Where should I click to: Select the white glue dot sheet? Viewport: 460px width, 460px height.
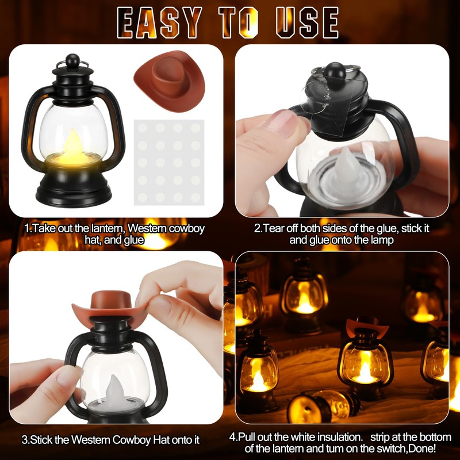(169, 161)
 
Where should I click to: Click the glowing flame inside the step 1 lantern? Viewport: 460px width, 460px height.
(74, 146)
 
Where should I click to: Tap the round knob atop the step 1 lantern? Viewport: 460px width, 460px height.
(72, 60)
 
